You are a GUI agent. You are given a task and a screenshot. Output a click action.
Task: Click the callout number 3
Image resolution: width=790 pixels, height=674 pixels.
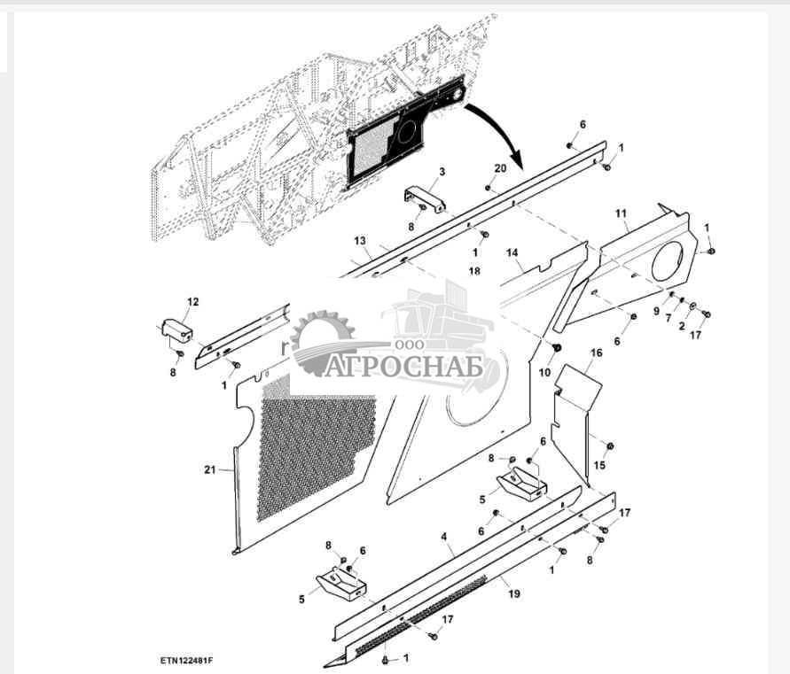click(x=442, y=171)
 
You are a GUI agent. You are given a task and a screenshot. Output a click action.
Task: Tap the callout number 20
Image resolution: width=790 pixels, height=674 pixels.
click(x=500, y=168)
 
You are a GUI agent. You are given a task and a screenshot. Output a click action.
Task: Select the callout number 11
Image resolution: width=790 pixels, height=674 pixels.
click(x=621, y=213)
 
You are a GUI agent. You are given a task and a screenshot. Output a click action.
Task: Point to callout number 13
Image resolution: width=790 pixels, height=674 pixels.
click(x=359, y=241)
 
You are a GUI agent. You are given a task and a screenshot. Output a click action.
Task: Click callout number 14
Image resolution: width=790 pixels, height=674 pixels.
click(x=512, y=253)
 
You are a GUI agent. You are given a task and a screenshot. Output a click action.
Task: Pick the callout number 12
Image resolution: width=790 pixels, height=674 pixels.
click(x=192, y=302)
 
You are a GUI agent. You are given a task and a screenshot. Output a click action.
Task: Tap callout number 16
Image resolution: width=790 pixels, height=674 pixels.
click(x=596, y=352)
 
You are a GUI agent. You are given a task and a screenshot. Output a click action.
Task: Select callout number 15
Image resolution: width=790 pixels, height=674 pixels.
click(x=599, y=466)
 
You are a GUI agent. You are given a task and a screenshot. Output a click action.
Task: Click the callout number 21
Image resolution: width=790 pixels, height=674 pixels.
click(x=209, y=469)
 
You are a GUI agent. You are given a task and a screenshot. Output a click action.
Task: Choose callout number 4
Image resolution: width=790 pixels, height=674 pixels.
click(x=443, y=537)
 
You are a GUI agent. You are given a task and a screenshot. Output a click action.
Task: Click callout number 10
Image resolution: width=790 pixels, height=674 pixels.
click(x=544, y=372)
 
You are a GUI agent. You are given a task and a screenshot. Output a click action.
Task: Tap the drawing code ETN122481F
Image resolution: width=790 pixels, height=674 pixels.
click(x=187, y=661)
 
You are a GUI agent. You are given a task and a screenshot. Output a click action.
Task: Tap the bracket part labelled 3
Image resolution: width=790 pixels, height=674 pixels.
click(x=425, y=197)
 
